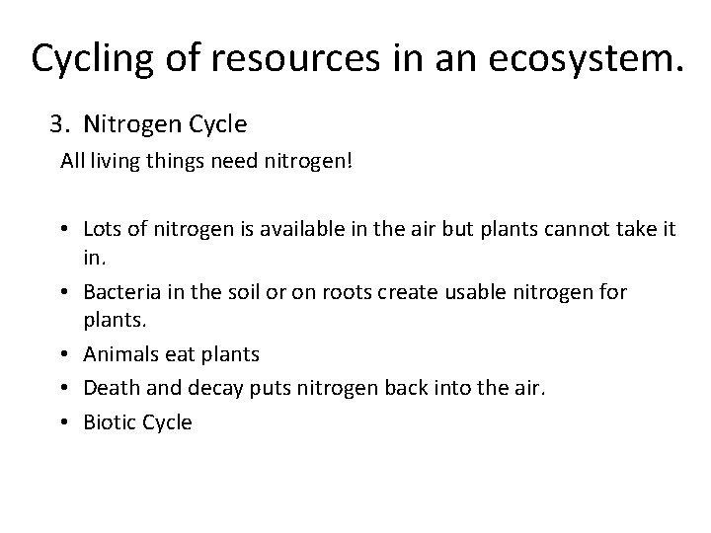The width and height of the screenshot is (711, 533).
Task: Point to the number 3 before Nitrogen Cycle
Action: click(x=57, y=124)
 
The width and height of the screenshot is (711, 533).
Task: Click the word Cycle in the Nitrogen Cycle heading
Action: click(x=218, y=124)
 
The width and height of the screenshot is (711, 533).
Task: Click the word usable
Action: click(x=470, y=292)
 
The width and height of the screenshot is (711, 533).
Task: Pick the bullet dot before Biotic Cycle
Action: click(x=63, y=421)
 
